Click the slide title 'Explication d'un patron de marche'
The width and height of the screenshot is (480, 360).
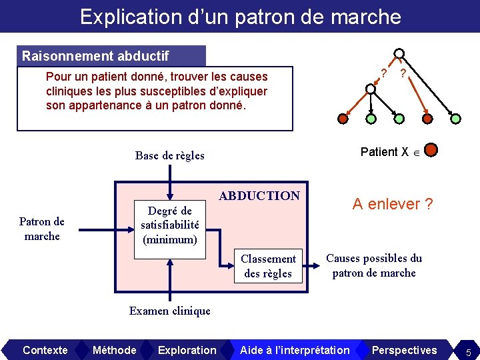(240, 16)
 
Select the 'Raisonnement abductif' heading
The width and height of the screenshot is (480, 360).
(95, 56)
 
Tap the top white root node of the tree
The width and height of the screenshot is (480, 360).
(399, 54)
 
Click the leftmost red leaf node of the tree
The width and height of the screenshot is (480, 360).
(342, 119)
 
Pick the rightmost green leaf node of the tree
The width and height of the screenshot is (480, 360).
(455, 119)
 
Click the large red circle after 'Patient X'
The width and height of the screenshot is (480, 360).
(431, 150)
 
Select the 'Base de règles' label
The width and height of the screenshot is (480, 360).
(169, 156)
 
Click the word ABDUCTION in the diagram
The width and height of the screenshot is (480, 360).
(259, 196)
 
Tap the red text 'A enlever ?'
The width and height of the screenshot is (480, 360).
(393, 204)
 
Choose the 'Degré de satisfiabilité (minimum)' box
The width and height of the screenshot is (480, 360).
(170, 225)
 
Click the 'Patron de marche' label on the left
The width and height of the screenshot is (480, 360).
(41, 229)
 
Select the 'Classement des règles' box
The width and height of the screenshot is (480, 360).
(268, 266)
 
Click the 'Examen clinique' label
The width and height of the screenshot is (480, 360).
(169, 311)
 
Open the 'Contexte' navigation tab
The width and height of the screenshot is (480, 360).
(45, 350)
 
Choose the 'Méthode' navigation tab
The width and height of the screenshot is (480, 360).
(114, 350)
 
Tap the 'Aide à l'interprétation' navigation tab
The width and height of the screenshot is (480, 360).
(295, 350)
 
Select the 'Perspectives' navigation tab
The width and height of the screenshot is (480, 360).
(404, 350)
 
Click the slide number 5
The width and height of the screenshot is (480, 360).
(469, 351)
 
